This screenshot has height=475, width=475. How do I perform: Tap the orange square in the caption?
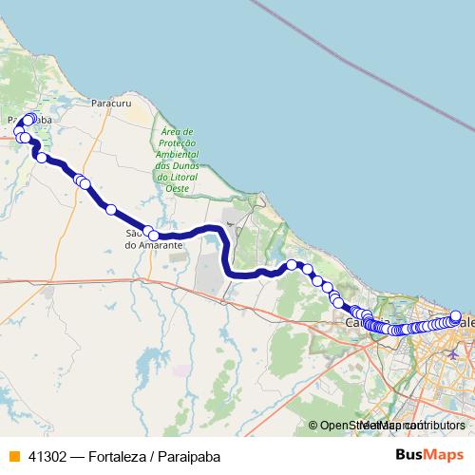click(14, 455)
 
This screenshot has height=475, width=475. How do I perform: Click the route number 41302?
click(47, 455)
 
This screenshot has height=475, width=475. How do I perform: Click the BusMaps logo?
click(428, 454)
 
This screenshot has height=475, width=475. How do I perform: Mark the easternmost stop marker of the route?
click(456, 316)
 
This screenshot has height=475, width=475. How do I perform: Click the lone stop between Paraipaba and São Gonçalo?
click(110, 210)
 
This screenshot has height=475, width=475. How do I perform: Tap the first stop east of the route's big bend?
click(293, 265)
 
